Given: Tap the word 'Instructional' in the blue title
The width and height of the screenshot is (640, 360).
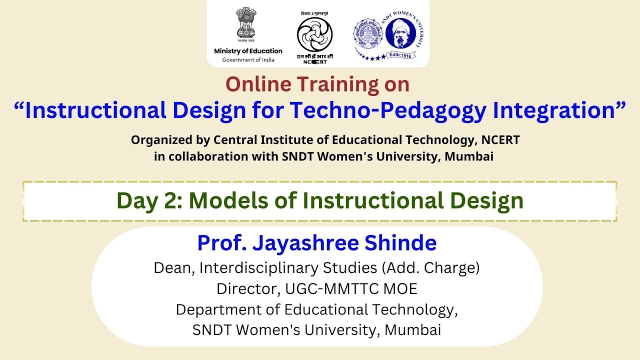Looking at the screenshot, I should click(95, 111).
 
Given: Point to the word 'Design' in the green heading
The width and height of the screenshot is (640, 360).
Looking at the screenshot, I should click(483, 200).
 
